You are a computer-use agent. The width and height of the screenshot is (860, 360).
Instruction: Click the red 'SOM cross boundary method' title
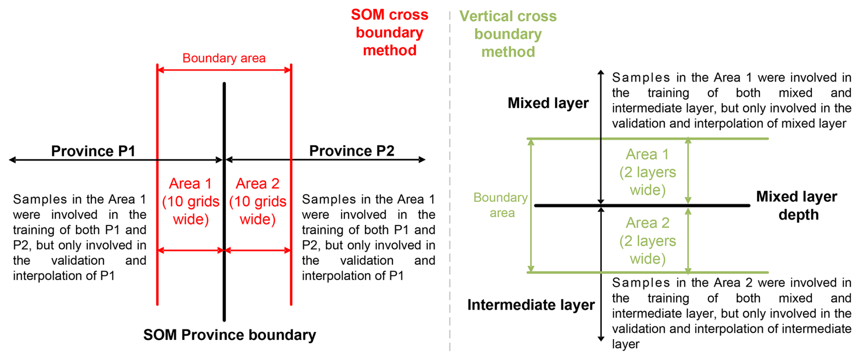[x=390, y=32]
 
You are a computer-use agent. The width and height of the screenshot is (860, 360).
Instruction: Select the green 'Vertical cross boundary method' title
[x=508, y=34]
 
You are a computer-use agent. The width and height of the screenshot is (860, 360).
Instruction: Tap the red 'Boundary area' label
[x=224, y=58]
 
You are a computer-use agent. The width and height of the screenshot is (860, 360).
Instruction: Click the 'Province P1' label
[x=93, y=151]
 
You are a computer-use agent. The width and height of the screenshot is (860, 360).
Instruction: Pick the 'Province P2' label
[x=351, y=151]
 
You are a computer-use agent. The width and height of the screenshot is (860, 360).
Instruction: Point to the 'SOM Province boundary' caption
[x=230, y=335]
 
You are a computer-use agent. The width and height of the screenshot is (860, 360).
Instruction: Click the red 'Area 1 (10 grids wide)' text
[x=190, y=201]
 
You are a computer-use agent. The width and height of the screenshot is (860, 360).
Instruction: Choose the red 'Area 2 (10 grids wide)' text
[x=258, y=201]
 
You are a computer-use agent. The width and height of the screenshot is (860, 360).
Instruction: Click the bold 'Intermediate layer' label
[x=531, y=305]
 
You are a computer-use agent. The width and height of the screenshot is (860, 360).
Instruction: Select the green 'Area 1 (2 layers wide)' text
[x=647, y=172]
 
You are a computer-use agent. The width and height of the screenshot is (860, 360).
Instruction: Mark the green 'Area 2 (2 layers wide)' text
[x=647, y=241]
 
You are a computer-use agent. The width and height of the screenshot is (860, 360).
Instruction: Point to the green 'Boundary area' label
[x=500, y=205]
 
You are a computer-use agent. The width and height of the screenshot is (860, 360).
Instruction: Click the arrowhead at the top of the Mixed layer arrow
[x=600, y=72]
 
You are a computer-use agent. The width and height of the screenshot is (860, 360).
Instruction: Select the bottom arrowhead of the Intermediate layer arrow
[x=600, y=339]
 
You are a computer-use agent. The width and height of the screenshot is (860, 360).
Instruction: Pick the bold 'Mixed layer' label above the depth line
[x=548, y=103]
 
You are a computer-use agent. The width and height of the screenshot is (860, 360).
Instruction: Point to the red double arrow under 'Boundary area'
[x=224, y=70]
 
